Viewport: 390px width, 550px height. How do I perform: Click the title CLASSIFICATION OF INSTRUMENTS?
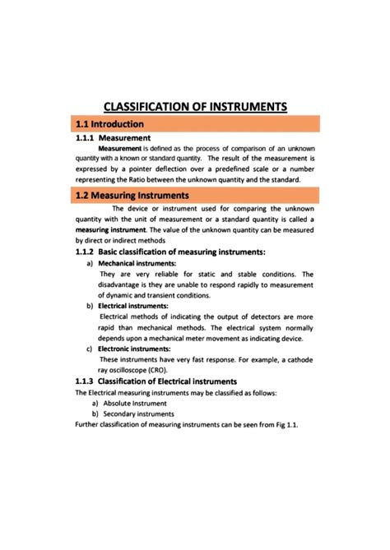[x=195, y=106]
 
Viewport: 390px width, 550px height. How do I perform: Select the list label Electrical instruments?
[x=132, y=306]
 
